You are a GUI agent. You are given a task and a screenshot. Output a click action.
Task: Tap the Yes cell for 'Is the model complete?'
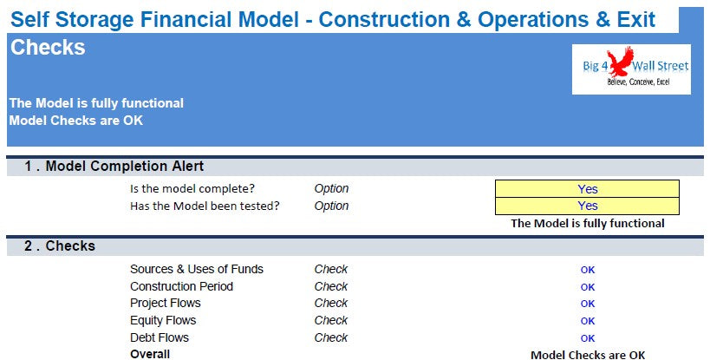pos(587,189)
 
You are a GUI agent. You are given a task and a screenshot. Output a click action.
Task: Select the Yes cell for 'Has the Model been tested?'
pos(587,206)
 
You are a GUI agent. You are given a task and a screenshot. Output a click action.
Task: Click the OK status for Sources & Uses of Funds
pos(588,270)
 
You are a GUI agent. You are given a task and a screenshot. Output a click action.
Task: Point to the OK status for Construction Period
pos(588,287)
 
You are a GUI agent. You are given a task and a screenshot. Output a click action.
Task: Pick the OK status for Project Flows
pos(588,304)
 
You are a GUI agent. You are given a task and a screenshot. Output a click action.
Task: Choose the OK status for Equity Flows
pos(588,321)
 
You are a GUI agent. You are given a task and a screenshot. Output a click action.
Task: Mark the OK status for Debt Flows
pos(588,338)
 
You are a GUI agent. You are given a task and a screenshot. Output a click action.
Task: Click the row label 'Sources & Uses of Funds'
pos(197,270)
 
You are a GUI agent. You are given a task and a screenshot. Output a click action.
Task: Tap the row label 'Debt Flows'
pos(160,337)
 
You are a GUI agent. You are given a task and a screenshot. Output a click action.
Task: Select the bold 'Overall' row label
pos(150,354)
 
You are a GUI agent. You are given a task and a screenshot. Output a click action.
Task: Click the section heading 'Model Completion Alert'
pos(125,167)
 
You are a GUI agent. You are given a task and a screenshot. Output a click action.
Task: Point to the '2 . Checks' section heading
pos(60,245)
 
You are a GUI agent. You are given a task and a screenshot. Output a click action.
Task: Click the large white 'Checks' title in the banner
pos(48,47)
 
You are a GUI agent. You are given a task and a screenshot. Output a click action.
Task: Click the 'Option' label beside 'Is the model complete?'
pos(331,189)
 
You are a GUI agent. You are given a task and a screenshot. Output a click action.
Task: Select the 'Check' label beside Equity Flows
pos(331,321)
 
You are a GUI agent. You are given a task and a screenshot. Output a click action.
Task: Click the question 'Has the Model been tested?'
pos(205,206)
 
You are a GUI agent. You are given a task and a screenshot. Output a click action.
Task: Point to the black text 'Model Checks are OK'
pos(588,355)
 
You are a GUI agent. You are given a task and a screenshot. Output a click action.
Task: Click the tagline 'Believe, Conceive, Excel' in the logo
pos(638,82)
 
